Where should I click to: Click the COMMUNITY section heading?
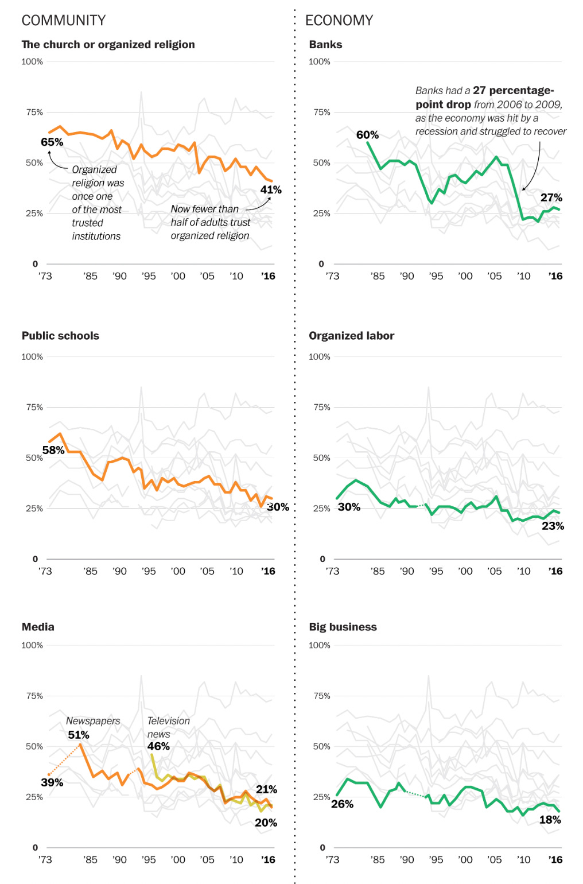pos(64,21)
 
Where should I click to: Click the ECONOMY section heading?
pos(339,21)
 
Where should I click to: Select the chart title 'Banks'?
pos(325,45)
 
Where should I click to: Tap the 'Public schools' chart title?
pos(60,336)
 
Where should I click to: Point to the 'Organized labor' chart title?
pos(351,336)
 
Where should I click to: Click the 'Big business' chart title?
pos(343,627)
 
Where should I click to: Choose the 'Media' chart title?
pos(38,627)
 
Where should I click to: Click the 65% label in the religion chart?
pos(52,142)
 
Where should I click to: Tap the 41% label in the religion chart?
pos(271,190)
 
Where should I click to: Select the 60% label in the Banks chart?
pos(367,135)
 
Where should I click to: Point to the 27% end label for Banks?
pos(551,198)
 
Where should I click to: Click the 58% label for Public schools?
pos(53,451)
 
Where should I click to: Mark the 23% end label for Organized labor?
pos(553,526)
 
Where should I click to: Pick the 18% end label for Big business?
pos(550,820)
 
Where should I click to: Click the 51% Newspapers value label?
pos(79,735)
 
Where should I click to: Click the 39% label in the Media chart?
pos(52,783)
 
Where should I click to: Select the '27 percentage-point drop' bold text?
pos(485,97)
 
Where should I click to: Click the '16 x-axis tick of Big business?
pos(555,860)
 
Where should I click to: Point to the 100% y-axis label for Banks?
pos(320,62)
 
